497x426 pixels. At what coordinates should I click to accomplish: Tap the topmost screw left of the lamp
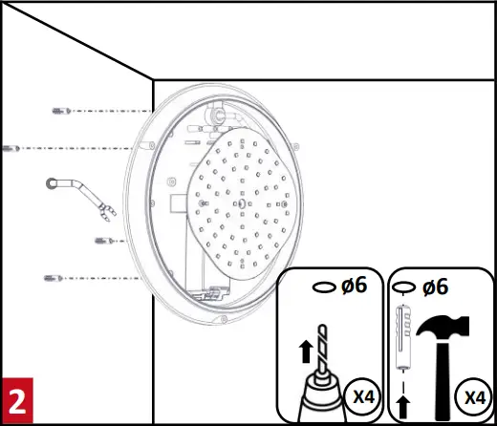(x=60, y=111)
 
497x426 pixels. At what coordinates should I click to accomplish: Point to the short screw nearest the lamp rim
(x=101, y=240)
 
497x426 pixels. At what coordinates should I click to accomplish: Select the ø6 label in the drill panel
(x=355, y=285)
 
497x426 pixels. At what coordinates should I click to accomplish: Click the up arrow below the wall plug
(x=403, y=405)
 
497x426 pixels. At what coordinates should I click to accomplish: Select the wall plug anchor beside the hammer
(x=403, y=339)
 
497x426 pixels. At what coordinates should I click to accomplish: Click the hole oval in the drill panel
(x=325, y=286)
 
